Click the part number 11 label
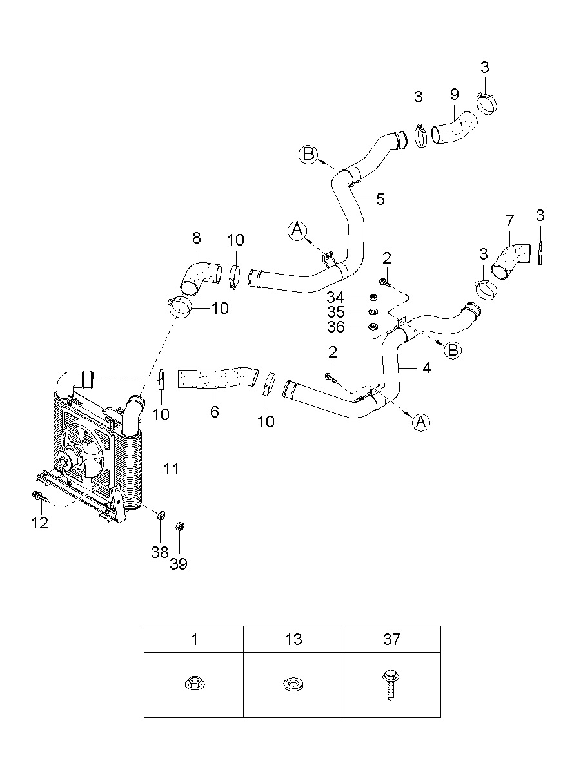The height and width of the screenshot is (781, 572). click(x=171, y=469)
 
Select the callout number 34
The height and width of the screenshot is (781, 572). click(x=335, y=298)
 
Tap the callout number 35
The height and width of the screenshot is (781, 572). click(x=336, y=312)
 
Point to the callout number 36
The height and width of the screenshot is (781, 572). click(x=336, y=327)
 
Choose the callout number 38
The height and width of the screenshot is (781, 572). click(x=160, y=552)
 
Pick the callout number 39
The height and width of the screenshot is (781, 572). click(x=179, y=563)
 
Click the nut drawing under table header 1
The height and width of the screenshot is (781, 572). click(x=195, y=682)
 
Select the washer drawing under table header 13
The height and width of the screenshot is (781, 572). click(x=293, y=684)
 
